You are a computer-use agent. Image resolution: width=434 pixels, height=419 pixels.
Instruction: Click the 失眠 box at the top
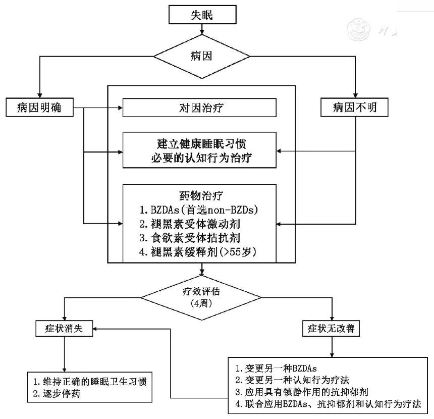click(202, 15)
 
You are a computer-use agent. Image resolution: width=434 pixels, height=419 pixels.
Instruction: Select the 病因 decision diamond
click(202, 56)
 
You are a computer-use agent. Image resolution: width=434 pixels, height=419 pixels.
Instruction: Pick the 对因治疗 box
click(200, 107)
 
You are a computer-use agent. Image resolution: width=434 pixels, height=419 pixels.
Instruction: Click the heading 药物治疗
click(200, 194)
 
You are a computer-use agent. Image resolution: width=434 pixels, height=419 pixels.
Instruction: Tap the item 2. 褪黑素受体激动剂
click(195, 223)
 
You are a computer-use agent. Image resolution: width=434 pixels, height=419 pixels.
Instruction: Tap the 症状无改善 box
click(331, 328)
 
